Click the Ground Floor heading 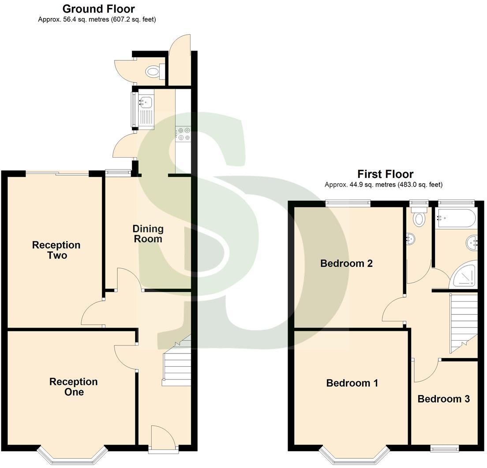[x=98, y=9]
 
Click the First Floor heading [x=385, y=174]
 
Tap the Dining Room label [x=148, y=234]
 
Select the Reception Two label [x=56, y=250]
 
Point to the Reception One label [x=73, y=387]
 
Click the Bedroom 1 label [x=352, y=383]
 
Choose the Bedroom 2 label [x=346, y=263]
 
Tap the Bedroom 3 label [x=443, y=399]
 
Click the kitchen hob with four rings [x=183, y=134]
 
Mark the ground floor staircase [x=177, y=364]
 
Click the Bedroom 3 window [x=445, y=448]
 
